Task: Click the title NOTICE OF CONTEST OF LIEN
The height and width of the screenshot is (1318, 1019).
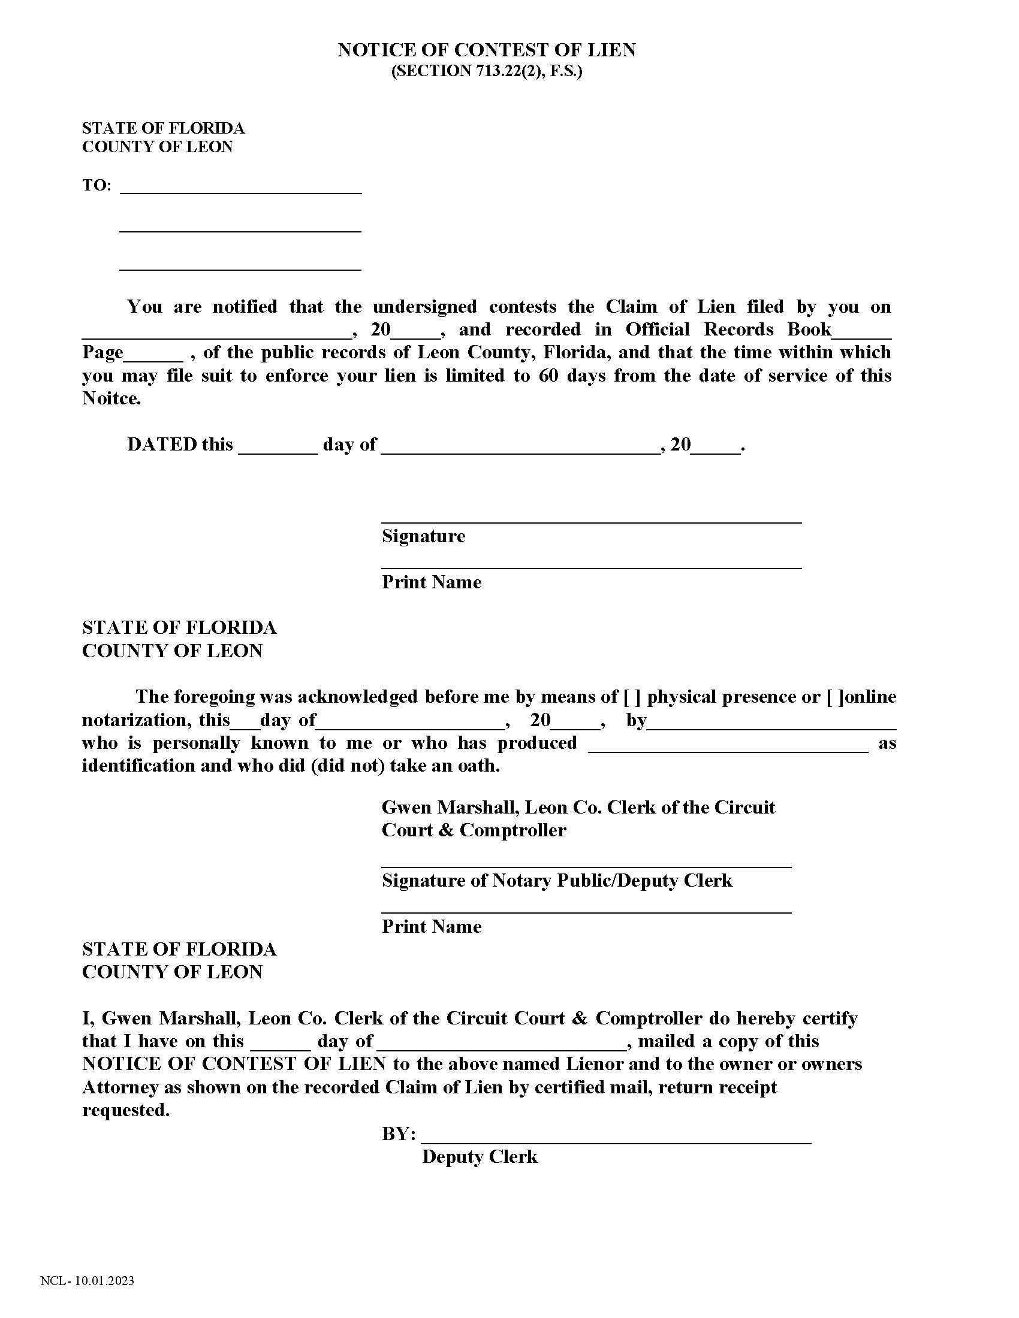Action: coord(487,50)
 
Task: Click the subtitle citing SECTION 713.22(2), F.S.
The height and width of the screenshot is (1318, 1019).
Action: coord(487,71)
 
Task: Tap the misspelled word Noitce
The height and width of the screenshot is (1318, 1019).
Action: coord(111,399)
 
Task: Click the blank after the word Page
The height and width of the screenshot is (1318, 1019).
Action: coord(153,356)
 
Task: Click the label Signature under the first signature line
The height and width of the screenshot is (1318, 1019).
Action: coord(423,537)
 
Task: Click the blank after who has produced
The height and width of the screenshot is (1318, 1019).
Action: coord(728,748)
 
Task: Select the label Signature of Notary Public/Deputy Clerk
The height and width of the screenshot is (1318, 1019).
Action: coord(557,881)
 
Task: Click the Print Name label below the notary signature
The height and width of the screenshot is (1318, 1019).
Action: coord(432,927)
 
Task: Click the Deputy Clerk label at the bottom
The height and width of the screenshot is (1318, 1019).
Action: coord(480,1157)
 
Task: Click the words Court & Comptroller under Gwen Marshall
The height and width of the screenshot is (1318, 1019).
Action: coord(474,830)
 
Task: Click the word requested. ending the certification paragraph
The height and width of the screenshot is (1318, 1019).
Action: coord(125,1110)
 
